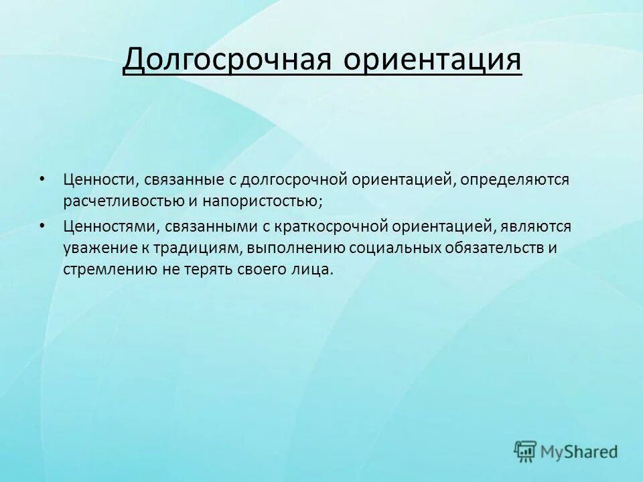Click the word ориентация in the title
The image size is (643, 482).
coord(433,61)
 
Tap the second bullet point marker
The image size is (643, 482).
coord(43,226)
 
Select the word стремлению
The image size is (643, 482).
coord(104,270)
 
